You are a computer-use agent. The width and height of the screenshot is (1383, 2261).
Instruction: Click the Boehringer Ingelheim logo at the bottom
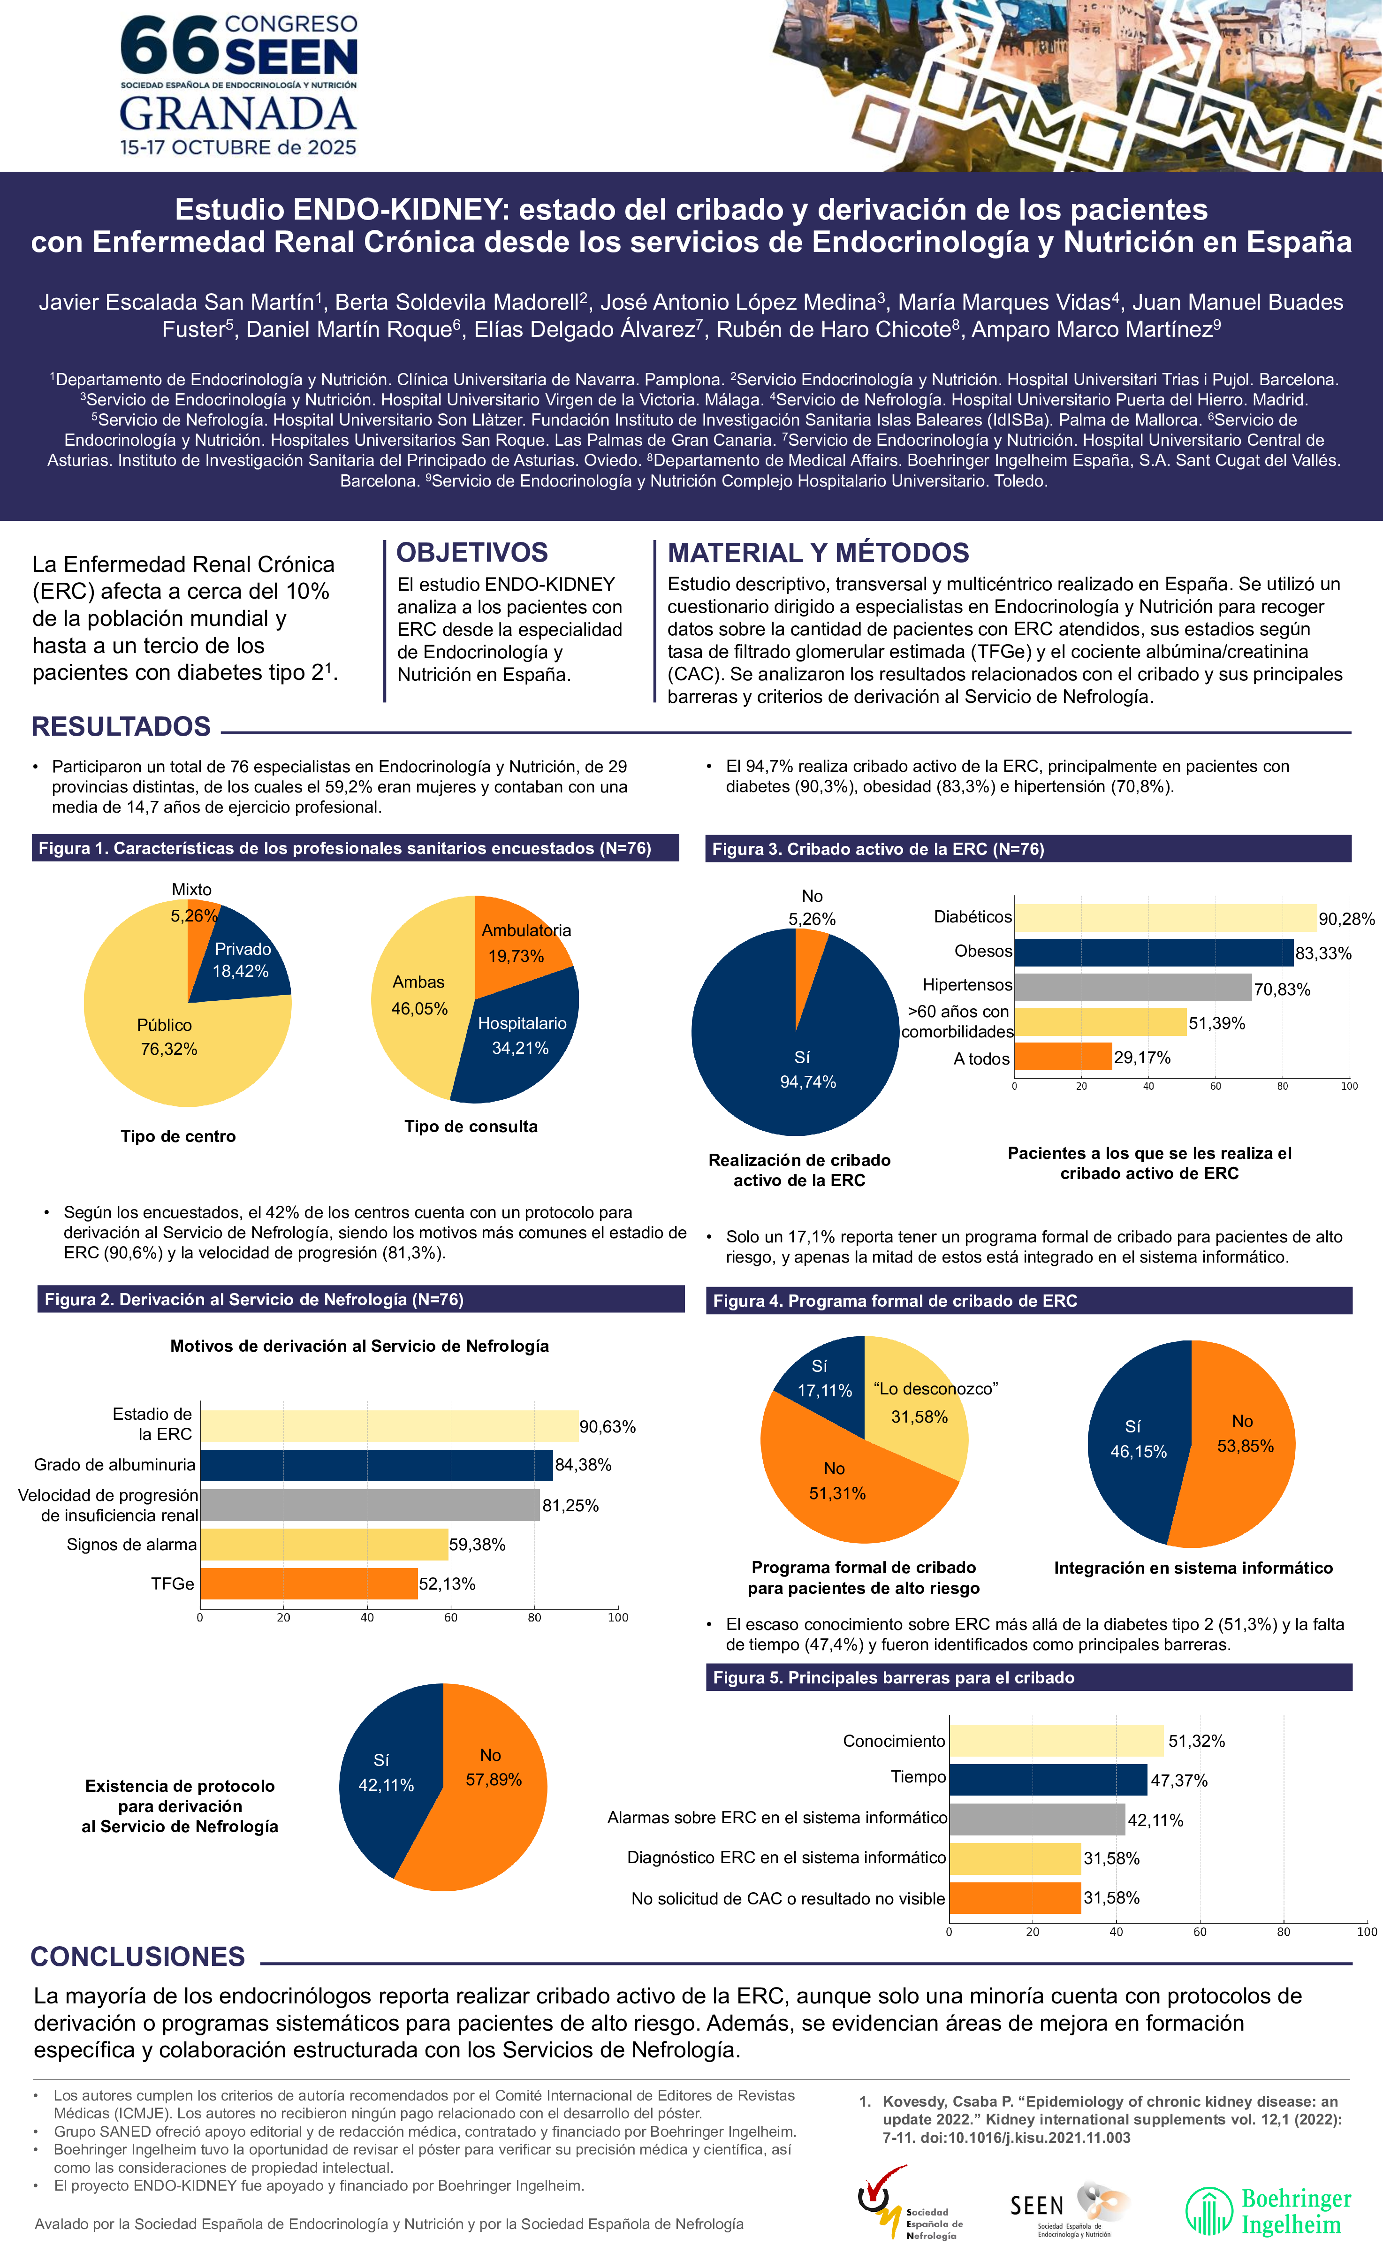[1268, 2211]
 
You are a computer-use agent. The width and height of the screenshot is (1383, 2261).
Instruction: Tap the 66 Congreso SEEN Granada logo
[239, 85]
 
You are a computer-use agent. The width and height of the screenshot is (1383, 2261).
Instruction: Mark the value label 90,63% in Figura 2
[608, 1427]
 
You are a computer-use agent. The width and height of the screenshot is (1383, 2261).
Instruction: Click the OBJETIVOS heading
[471, 552]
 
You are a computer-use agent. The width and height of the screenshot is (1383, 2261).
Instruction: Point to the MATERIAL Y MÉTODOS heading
[818, 552]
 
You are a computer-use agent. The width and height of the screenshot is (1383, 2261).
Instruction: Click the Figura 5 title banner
[1028, 1677]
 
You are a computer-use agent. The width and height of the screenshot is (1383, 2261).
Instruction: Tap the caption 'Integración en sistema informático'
[1193, 1568]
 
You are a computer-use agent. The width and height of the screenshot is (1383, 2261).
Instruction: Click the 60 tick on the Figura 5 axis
[1200, 1932]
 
